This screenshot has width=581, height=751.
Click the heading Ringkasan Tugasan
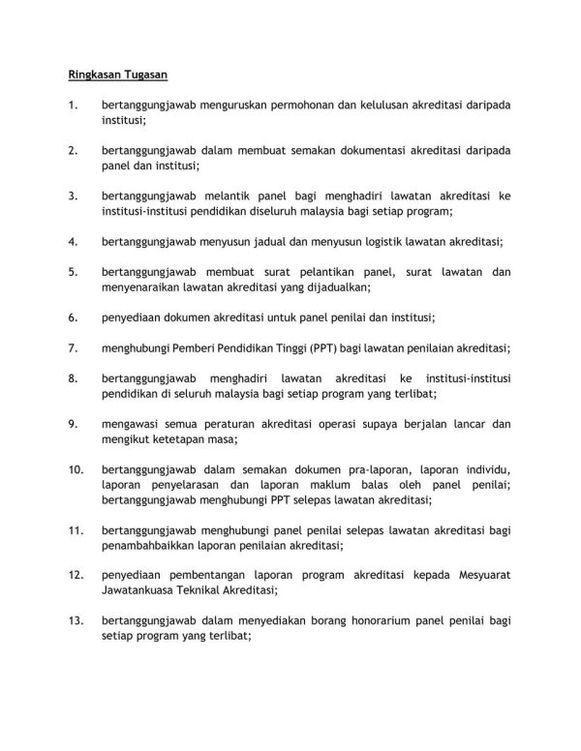[117, 73]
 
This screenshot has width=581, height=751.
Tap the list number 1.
[72, 106]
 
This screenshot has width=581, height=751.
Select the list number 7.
[73, 347]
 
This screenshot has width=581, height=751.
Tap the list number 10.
[76, 469]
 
